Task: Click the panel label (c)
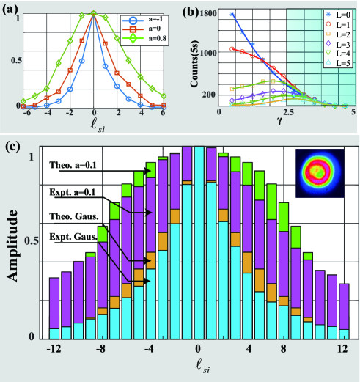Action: (x=13, y=146)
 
